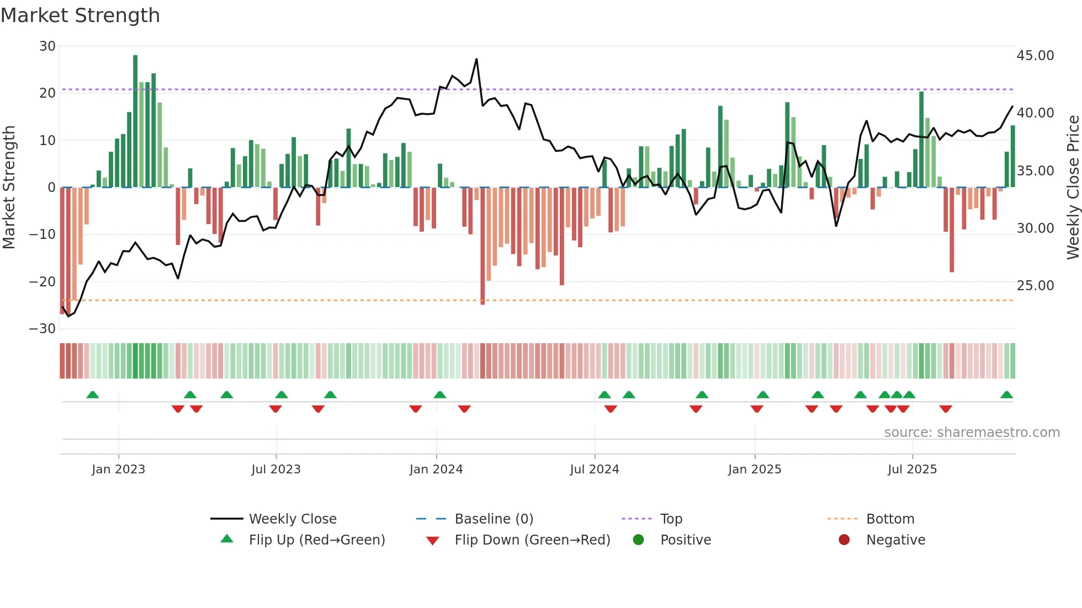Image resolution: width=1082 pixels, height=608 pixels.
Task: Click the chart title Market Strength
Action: [x=80, y=15]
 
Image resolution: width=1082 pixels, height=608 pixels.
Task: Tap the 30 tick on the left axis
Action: [x=47, y=46]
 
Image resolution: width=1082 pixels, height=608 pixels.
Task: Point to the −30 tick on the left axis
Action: [x=43, y=329]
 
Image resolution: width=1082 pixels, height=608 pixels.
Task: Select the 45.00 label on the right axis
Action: [x=1035, y=56]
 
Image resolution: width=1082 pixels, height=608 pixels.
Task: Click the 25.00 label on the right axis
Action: [x=1035, y=286]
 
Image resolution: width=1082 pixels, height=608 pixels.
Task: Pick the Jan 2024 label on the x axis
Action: [x=436, y=470]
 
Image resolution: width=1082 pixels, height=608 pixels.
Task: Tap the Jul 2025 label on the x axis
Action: [x=912, y=470]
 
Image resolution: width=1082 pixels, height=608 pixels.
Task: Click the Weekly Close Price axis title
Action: [x=1073, y=188]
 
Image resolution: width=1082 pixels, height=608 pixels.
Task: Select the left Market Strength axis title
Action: [x=9, y=188]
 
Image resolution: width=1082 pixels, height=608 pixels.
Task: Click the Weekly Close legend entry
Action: [x=292, y=519]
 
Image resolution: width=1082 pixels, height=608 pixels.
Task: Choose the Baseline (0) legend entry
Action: [x=494, y=519]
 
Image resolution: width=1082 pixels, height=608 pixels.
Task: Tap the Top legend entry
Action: [x=671, y=519]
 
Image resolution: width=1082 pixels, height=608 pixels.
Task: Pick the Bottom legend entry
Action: [x=890, y=519]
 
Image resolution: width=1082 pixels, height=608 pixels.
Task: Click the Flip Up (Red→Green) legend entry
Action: [x=316, y=540]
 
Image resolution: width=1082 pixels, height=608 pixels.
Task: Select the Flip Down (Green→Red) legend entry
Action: [x=532, y=540]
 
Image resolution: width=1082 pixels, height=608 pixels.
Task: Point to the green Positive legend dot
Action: [x=639, y=540]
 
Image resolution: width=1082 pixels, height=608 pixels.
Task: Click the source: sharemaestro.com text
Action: [x=972, y=433]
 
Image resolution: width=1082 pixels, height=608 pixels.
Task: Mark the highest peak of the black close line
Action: [x=476, y=60]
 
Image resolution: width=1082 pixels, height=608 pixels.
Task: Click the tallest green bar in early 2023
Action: [x=135, y=121]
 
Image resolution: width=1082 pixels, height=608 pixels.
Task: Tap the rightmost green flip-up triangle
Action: [x=1006, y=395]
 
